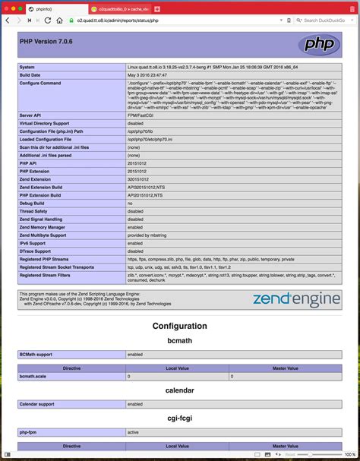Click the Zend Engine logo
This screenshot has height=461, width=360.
pyautogui.click(x=296, y=298)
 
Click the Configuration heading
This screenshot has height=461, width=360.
pyautogui.click(x=179, y=326)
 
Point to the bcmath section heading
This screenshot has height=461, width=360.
pyautogui.click(x=179, y=341)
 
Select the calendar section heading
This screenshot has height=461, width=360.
pyautogui.click(x=179, y=390)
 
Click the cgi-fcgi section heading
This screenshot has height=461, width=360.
pyautogui.click(x=179, y=418)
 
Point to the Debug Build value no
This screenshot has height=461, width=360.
pyautogui.click(x=130, y=203)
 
